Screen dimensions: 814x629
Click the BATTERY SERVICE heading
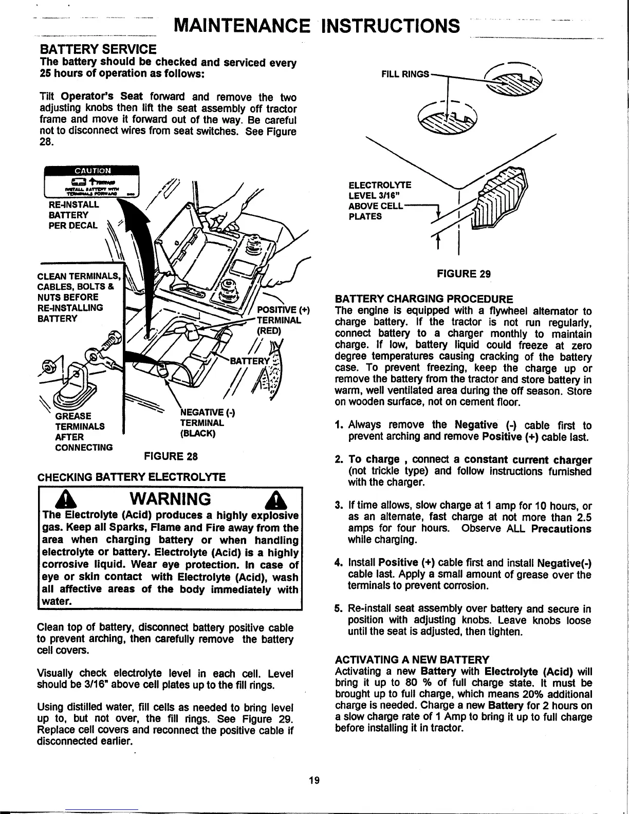click(x=98, y=49)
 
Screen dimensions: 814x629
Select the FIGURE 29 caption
click(x=464, y=274)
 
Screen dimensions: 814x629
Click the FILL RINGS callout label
click(x=404, y=73)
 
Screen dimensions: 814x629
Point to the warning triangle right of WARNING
click(x=270, y=500)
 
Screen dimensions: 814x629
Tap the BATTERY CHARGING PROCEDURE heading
click(x=424, y=299)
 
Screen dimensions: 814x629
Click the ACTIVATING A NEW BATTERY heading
click(x=412, y=659)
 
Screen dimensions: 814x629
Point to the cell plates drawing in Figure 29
click(x=501, y=198)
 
